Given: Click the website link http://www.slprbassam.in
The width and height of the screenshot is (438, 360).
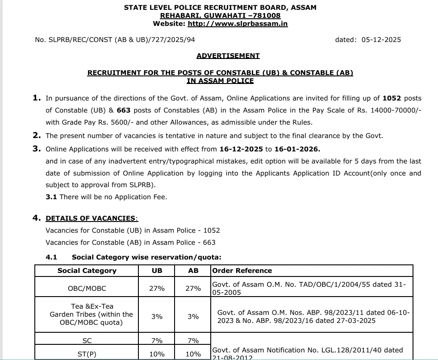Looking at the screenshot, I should pos(238,24).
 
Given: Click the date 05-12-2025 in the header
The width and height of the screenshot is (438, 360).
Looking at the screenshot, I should pos(381,40).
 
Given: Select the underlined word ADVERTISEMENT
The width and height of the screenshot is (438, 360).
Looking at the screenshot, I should pos(228,56).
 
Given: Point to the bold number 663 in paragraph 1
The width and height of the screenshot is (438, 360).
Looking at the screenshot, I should pos(123,110).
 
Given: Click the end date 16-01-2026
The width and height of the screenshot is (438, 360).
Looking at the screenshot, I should pos(297,149).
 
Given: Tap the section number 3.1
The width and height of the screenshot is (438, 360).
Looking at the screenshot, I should pos(51,197).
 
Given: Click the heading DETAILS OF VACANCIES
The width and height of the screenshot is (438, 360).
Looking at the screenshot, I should pos(91,218).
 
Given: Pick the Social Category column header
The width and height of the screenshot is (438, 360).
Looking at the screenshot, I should pos(87,271).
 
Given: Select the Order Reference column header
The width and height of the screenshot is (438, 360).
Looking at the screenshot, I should pos(242,271).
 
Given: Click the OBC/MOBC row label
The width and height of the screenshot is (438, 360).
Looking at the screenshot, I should pos(87,289).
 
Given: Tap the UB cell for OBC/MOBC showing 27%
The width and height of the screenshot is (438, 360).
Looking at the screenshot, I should pos(157,289).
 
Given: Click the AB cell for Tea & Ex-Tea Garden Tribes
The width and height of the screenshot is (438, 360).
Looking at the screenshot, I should pos(193,317).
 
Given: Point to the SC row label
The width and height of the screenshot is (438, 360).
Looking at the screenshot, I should pos(87,341).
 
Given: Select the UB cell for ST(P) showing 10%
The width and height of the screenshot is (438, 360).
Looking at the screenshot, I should pos(157,354).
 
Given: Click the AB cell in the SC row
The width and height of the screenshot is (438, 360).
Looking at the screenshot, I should pos(193,341).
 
